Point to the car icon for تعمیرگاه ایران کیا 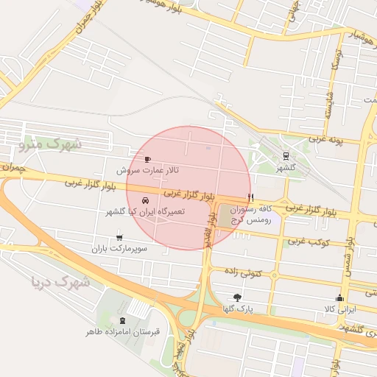[145, 200]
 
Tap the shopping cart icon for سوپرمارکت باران [119, 237]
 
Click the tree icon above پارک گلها [236, 297]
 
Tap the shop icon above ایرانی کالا [339, 297]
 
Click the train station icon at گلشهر [284, 155]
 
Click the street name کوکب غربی [308, 242]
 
